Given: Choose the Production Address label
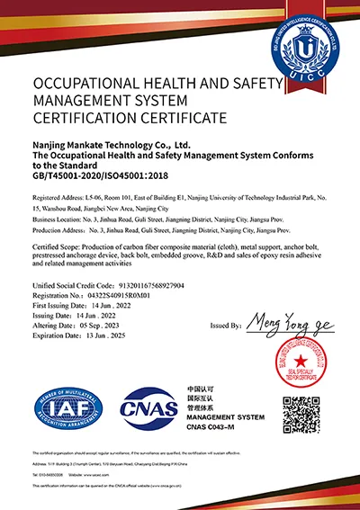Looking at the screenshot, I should click(x=58, y=229).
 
